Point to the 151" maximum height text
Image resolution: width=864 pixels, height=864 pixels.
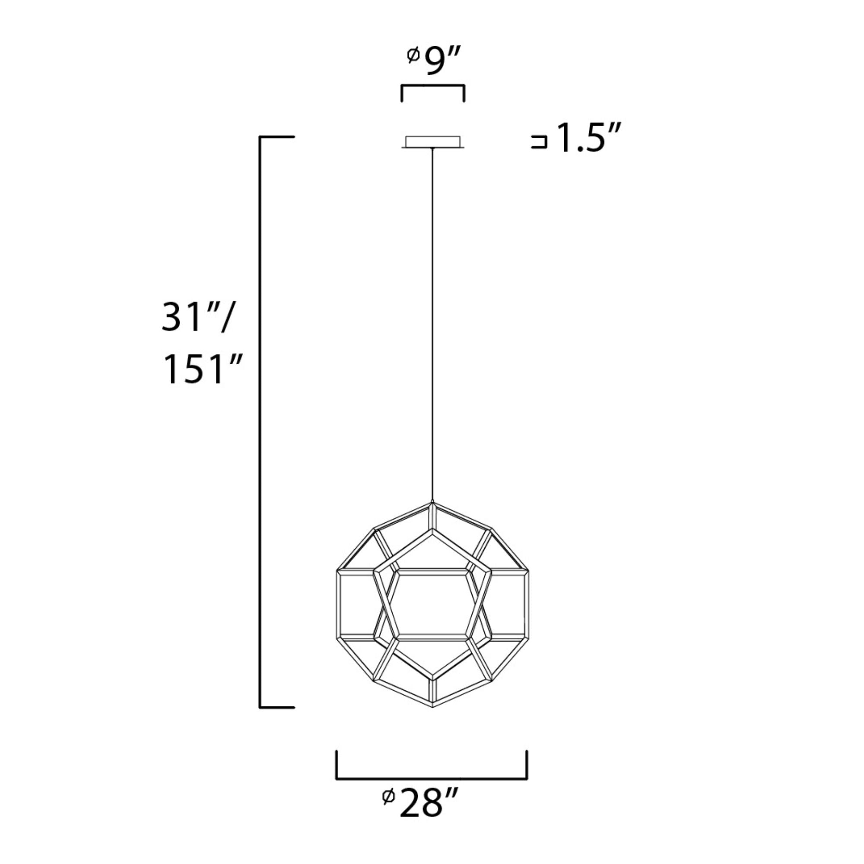(202, 369)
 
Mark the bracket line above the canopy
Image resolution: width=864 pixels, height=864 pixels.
(432, 86)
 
